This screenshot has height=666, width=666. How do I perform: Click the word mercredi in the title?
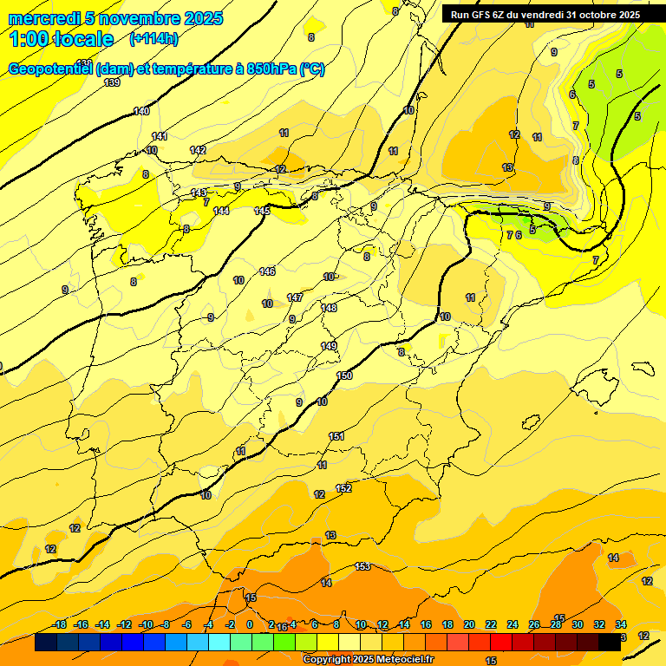[x=41, y=18]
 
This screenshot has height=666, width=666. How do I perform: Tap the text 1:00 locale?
[x=62, y=39]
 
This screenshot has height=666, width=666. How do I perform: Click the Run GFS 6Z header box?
[x=545, y=14]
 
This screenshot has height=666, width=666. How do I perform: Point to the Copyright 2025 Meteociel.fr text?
[x=368, y=659]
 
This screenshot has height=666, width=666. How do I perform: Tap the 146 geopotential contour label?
[x=267, y=272]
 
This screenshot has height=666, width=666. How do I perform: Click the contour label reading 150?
[x=344, y=375]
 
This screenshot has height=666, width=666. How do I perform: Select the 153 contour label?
[x=362, y=566]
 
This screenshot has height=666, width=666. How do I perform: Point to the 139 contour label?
[x=112, y=83]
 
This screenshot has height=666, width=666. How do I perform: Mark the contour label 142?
[x=198, y=150]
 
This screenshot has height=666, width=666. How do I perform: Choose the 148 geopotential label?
[x=329, y=308]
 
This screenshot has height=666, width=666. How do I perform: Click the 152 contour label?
[x=343, y=488]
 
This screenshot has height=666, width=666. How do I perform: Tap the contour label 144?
[x=221, y=211]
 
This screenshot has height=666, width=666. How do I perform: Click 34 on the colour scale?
[x=621, y=624]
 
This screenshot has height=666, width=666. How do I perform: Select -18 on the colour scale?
[x=60, y=624]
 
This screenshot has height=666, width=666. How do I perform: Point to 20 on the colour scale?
[x=469, y=624]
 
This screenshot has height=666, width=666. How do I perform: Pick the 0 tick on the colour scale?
[x=250, y=624]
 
